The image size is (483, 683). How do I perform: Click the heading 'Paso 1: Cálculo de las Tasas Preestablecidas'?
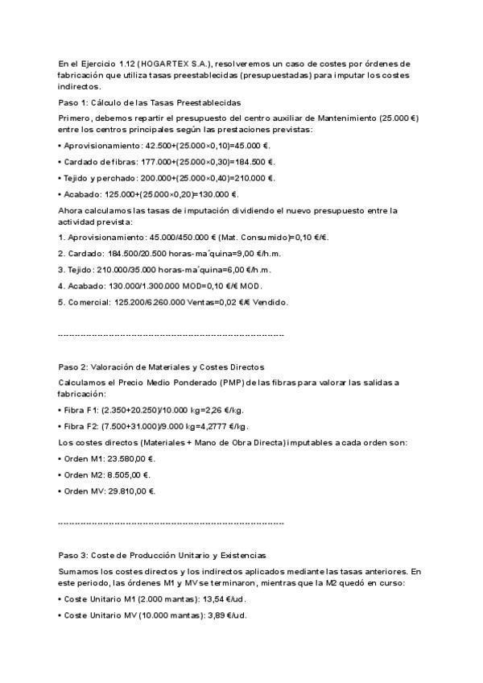pyautogui.click(x=150, y=103)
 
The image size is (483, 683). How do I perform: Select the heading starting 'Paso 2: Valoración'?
pyautogui.click(x=161, y=367)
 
